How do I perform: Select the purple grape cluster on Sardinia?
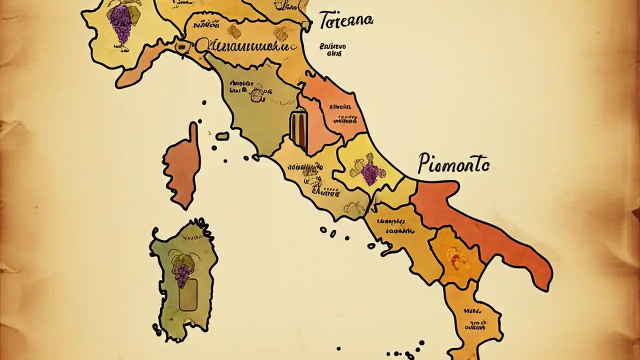pos(182,274)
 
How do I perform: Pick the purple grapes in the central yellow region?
pos(370,173)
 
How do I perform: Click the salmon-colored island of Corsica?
pos(182,165)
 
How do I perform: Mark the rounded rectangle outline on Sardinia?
pos(188,295)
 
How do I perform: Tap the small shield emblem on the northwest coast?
pos(181,46)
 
